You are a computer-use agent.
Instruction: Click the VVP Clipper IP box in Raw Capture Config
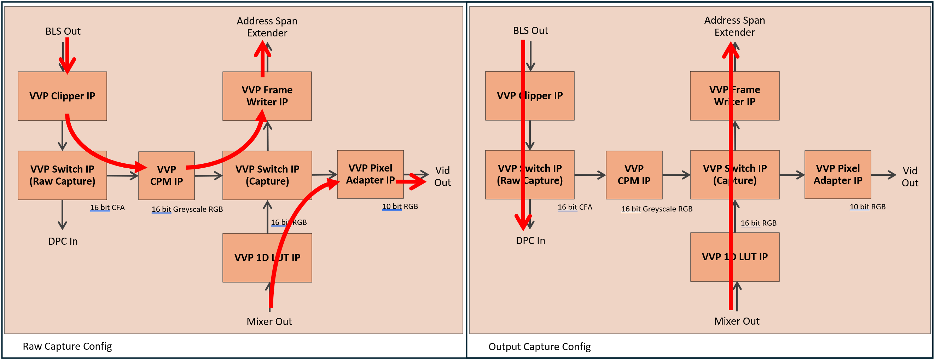62,96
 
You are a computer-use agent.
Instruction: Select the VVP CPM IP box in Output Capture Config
634,175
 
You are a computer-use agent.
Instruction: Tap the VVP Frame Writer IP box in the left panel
267,96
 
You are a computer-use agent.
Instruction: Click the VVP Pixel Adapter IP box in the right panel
837,175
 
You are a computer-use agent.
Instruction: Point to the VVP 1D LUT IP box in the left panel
267,257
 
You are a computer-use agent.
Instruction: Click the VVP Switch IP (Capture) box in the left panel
267,175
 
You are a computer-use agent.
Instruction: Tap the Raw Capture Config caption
67,346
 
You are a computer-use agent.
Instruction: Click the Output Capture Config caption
539,346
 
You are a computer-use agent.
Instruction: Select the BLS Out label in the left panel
63,31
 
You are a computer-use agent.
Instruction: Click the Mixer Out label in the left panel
269,321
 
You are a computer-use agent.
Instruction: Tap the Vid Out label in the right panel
910,176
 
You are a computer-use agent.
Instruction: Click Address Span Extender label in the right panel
734,26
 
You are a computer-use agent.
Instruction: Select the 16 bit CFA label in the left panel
107,207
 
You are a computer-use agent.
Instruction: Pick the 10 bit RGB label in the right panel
867,207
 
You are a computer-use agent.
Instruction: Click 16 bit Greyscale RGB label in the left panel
187,209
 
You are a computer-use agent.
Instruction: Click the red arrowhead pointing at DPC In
523,223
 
